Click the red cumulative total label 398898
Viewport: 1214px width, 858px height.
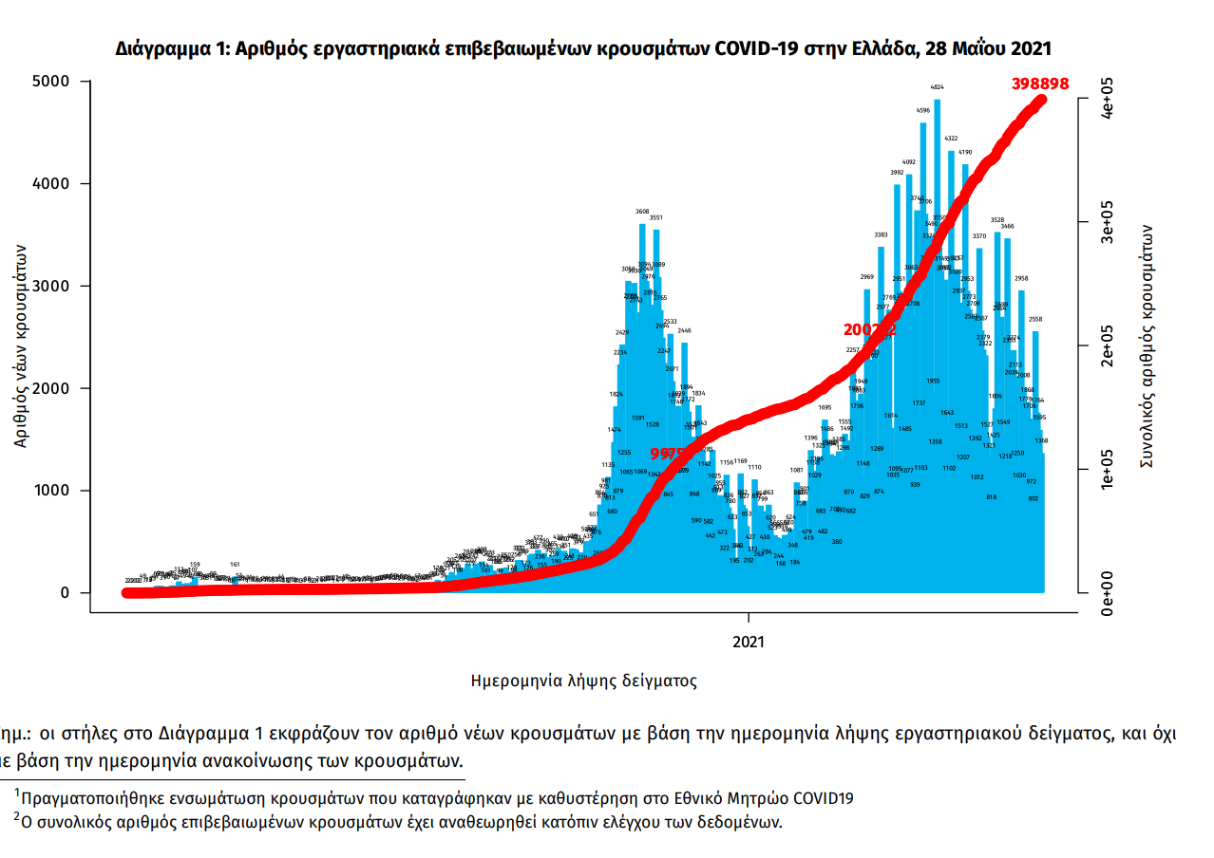click(x=1040, y=84)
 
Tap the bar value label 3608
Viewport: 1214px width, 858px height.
click(x=642, y=212)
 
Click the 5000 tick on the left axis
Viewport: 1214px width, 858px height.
click(x=52, y=82)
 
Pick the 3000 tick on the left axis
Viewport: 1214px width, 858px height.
click(x=52, y=287)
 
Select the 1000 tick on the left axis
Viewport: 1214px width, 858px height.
click(x=52, y=491)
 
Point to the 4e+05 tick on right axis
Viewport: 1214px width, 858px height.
click(x=1106, y=99)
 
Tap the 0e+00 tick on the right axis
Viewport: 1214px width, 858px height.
click(x=1106, y=592)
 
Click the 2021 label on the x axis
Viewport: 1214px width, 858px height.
click(x=749, y=643)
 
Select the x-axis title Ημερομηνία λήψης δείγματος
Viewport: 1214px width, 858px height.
click(x=584, y=681)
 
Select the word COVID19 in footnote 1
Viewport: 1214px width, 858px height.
click(x=823, y=798)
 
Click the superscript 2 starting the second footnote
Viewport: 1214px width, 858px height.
click(x=16, y=816)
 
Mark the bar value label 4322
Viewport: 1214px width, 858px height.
click(x=951, y=139)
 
